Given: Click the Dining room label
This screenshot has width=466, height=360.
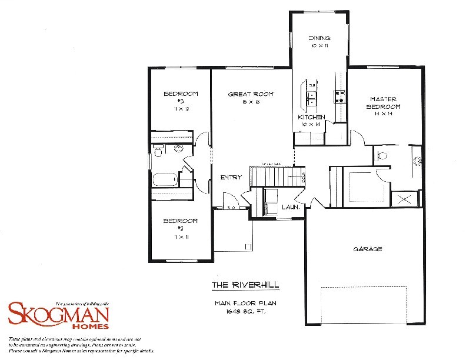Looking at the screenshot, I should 319,38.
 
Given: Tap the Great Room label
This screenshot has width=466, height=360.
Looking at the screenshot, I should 251,94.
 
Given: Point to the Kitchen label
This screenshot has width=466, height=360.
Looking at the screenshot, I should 312,117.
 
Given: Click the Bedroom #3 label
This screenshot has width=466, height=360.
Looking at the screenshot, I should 181,94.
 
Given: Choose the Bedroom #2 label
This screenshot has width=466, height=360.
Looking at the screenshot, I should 181,221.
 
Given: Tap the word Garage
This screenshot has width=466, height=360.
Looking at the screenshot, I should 368,249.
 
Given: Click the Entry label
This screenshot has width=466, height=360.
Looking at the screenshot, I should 230,177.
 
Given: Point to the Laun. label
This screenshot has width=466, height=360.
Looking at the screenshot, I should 291,207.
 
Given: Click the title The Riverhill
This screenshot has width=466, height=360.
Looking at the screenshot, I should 245,286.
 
